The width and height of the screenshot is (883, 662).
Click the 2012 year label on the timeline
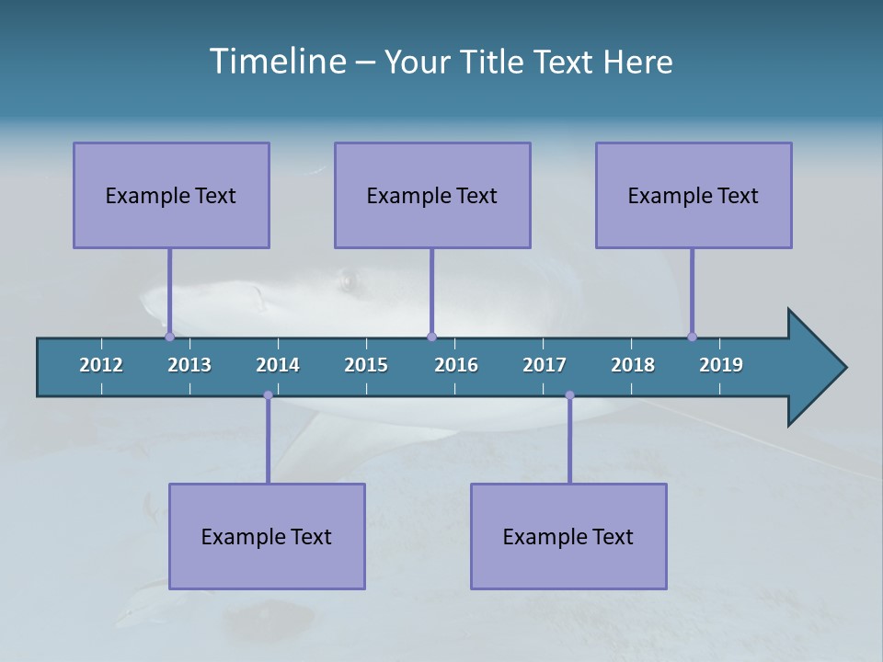pos(101,365)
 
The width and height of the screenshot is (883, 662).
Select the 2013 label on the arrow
pos(189,365)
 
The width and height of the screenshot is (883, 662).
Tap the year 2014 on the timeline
pos(278,365)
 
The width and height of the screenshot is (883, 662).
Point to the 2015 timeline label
pos(366,365)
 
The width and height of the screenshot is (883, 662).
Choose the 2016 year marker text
pos(456,365)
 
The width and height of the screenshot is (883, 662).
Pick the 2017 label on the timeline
pos(545,365)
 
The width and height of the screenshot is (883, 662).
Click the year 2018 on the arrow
pos(633,365)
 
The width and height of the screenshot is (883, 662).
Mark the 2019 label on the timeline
pos(721,365)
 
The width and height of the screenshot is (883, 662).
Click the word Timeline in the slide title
pos(275,62)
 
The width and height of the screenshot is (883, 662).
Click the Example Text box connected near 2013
pos(171,195)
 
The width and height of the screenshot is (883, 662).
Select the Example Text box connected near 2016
pos(432,195)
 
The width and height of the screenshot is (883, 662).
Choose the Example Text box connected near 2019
pos(694,195)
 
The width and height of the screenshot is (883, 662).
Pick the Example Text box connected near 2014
pos(267,536)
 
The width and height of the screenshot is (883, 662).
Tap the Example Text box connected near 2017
pos(568,536)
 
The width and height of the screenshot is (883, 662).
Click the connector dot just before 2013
pos(169,337)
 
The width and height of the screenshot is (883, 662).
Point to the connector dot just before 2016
pos(431,337)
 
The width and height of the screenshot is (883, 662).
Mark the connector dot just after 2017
pos(569,395)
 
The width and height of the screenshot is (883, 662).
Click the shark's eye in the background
pos(348,280)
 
